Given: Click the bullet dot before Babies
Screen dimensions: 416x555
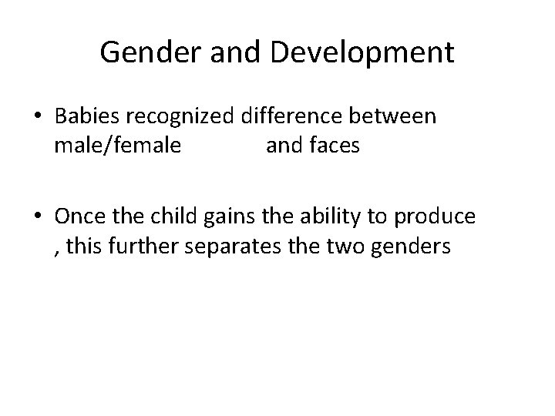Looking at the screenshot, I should [x=37, y=117].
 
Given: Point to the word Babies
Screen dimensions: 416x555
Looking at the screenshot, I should [x=86, y=117].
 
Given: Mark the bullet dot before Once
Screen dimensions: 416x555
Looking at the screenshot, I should [x=37, y=218].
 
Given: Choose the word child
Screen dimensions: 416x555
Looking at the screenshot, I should [x=177, y=218].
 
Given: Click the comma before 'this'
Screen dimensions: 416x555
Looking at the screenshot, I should [x=58, y=250].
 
